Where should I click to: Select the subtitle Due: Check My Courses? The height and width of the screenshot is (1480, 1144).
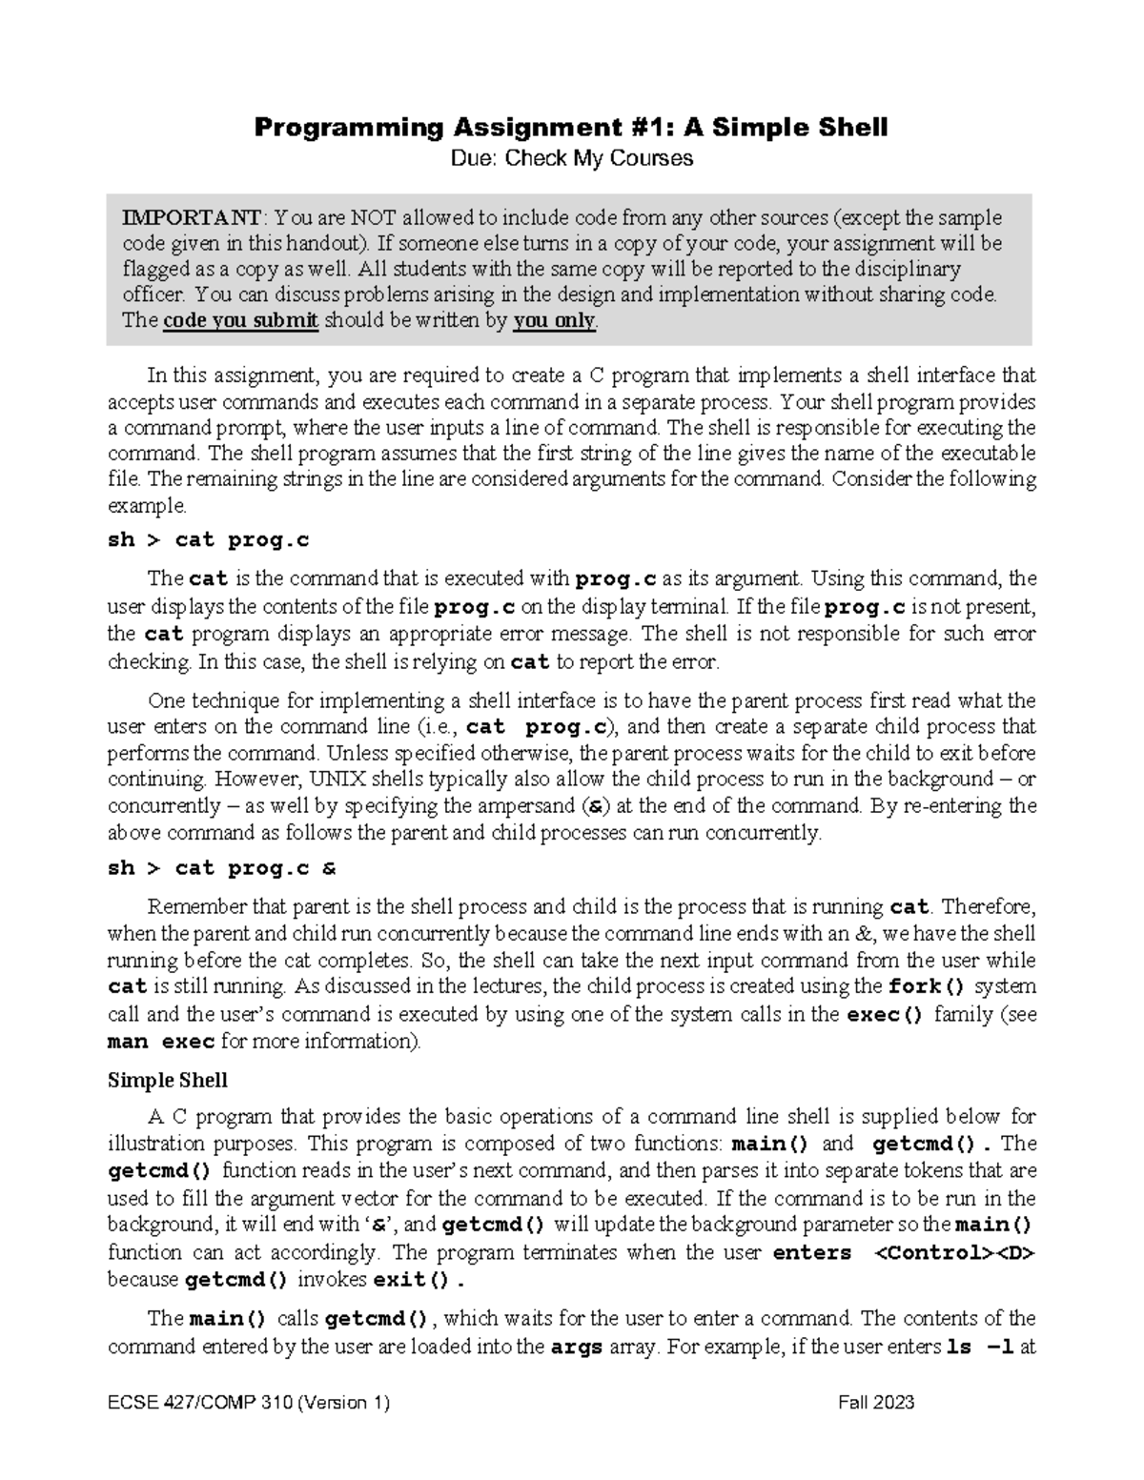point(571,158)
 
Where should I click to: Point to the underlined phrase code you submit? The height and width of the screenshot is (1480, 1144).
point(240,320)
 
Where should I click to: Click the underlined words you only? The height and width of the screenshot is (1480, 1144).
point(554,320)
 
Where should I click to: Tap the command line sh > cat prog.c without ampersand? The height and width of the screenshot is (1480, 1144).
point(209,540)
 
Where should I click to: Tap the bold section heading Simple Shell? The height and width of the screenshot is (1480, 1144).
point(168,1080)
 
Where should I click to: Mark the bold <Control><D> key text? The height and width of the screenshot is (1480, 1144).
point(954,1252)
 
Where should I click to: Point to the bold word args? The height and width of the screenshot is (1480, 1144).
point(578,1348)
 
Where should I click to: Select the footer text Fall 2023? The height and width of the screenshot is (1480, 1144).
point(876,1402)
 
